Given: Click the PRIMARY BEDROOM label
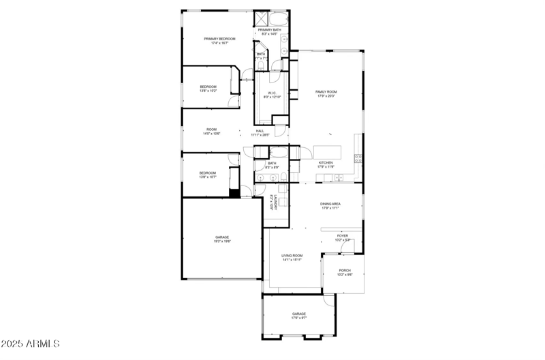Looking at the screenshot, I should [x=219, y=39].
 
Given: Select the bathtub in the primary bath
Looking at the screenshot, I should [x=280, y=18].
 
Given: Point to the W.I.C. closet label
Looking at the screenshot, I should [x=271, y=93].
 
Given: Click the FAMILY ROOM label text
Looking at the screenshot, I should [x=326, y=92].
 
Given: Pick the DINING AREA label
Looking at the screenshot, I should [x=330, y=204].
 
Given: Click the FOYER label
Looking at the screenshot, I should [x=342, y=236].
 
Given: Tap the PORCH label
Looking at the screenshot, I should [x=345, y=271].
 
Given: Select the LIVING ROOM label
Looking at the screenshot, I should [x=292, y=256].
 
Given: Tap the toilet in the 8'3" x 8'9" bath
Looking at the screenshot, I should [x=282, y=177].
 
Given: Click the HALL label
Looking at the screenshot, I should [x=260, y=131].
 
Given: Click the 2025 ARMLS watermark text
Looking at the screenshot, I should [x=31, y=344].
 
